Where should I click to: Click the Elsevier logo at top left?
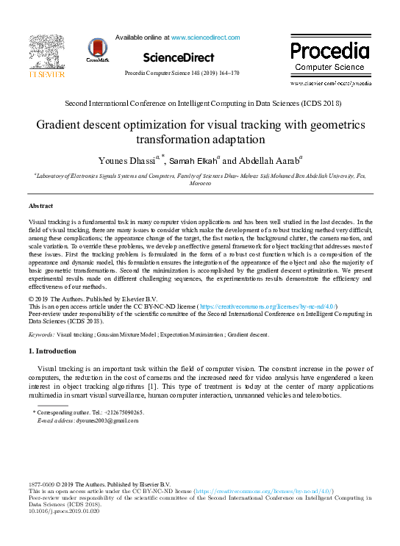pos(46,57)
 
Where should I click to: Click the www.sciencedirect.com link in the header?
pos(205,37)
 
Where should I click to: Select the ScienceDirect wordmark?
pos(179,57)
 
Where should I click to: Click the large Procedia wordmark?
pos(329,51)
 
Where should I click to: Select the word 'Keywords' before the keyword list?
pos(40,334)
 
